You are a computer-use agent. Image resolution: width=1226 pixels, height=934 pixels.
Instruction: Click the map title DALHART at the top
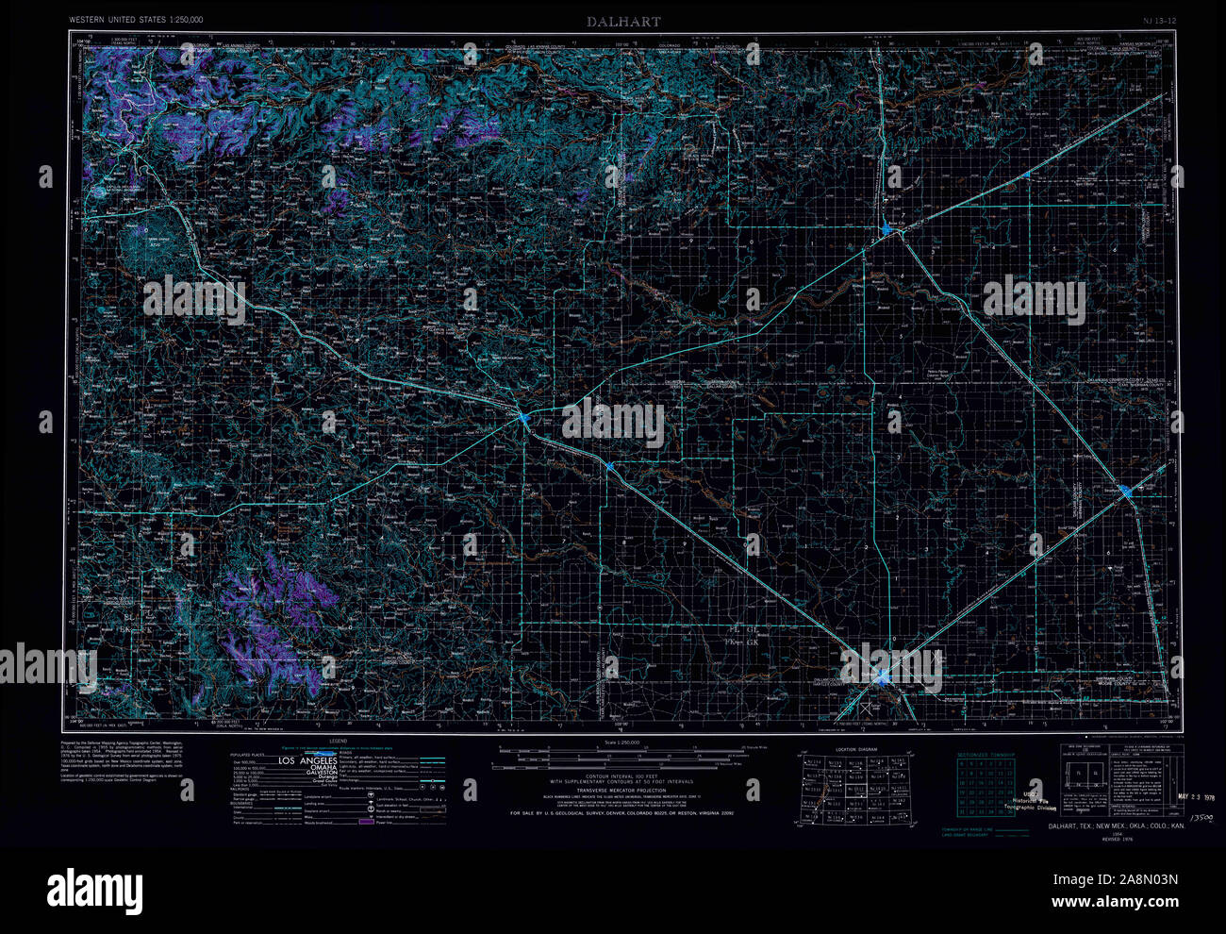[622, 21]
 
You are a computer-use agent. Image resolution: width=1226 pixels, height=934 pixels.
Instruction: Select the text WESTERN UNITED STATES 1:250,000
[136, 19]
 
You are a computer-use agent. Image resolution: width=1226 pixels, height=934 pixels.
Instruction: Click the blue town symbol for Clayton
[523, 416]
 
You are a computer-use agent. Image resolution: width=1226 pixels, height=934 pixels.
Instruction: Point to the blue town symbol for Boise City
[886, 229]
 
